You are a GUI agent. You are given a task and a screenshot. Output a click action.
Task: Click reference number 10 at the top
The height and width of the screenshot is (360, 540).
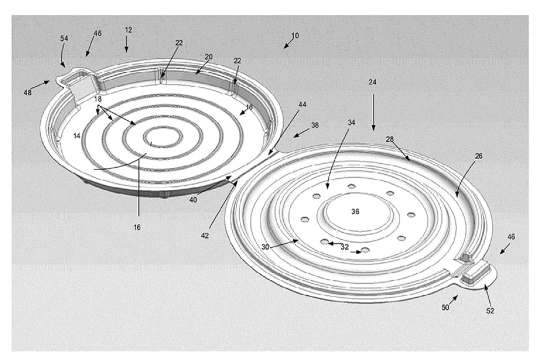[295, 35]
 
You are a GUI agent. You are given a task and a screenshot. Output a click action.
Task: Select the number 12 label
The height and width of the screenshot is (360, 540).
[129, 30]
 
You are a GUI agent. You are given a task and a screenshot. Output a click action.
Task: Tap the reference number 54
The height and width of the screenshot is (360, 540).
[64, 39]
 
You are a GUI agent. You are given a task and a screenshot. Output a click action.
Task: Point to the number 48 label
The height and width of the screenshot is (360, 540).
[28, 93]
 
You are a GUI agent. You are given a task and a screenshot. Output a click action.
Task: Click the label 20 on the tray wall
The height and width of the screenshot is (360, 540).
[208, 57]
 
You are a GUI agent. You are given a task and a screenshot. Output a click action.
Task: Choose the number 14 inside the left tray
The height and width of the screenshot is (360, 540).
[77, 135]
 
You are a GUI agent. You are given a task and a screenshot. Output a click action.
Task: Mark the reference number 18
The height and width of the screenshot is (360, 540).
[98, 99]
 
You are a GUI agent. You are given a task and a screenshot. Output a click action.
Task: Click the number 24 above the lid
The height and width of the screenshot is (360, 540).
[372, 82]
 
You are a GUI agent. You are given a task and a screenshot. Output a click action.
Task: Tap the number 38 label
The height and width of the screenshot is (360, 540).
[315, 126]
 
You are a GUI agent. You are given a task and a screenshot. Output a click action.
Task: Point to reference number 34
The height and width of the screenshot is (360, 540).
[351, 122]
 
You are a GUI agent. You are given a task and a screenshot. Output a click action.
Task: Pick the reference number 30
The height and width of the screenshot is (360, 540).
[265, 247]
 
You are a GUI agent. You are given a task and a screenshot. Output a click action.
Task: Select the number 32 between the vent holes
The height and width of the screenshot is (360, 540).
[344, 247]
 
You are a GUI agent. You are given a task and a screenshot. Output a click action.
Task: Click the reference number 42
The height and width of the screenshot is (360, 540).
[205, 235]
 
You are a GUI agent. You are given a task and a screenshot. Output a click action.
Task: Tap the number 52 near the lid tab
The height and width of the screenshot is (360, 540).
[490, 310]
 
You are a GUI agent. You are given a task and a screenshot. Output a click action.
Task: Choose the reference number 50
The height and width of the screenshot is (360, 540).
[445, 307]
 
